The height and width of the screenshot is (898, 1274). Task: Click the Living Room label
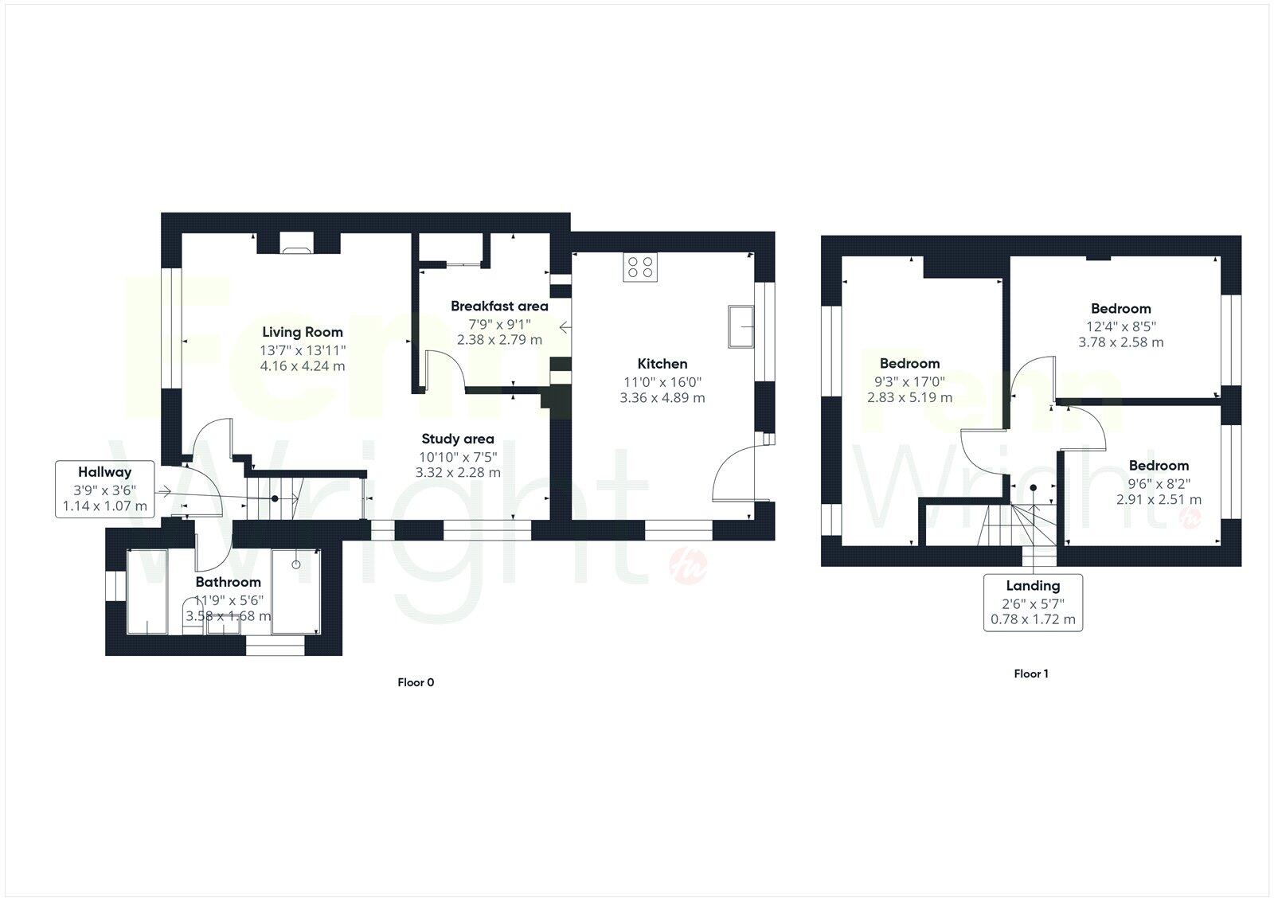coord(303,333)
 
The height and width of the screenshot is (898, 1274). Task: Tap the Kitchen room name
coord(662,364)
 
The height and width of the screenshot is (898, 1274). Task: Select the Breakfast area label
coord(499,306)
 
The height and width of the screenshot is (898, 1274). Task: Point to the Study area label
coord(457,439)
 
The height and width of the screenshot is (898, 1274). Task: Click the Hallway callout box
coord(104,489)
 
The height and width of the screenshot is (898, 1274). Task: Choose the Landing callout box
coord(1033,602)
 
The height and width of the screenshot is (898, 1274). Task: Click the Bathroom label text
coord(228,582)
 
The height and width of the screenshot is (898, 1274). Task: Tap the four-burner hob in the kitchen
coord(641,267)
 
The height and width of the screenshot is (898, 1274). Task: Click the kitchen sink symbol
coord(741,326)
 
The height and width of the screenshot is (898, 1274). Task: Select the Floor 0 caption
coord(416,682)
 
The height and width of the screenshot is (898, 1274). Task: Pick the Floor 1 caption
coord(1031,674)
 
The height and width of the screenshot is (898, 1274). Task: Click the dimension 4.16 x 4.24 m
coord(303,366)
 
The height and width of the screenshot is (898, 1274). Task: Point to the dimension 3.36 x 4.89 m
coord(662,398)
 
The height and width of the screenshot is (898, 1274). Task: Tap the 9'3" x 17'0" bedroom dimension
coord(909,381)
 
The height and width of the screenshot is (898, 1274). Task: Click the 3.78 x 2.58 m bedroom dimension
coord(1120,342)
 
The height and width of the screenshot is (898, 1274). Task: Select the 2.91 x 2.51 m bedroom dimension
coord(1159,500)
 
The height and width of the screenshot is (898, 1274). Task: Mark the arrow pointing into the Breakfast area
coord(566,326)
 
